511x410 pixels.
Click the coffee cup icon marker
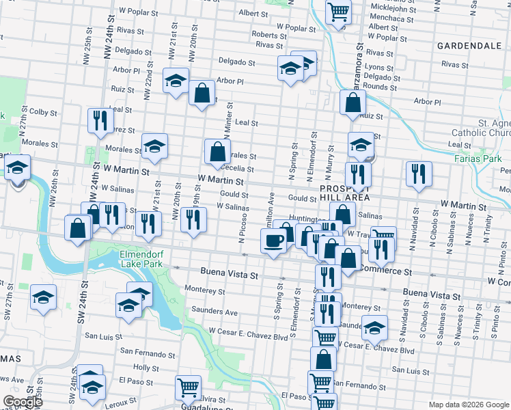[274, 241]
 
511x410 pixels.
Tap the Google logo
[23, 402]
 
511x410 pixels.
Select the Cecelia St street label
[238, 169]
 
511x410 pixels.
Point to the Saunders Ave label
[215, 312]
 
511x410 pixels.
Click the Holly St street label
[147, 368]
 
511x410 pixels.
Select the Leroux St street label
[121, 404]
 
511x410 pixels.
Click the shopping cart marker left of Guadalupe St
[188, 388]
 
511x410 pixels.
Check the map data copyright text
[468, 405]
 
